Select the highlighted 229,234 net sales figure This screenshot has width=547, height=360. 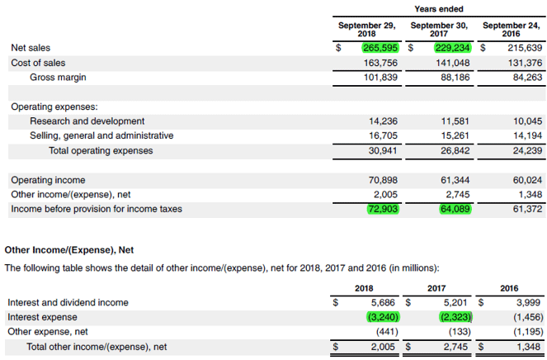pyautogui.click(x=452, y=48)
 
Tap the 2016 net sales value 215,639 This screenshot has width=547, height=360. pyautogui.click(x=525, y=48)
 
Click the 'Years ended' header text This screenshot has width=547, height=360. pyautogui.click(x=438, y=9)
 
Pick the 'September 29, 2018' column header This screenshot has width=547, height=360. pyautogui.click(x=366, y=30)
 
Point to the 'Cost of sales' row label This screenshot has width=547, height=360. pyautogui.click(x=38, y=63)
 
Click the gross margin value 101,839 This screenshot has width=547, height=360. pyautogui.click(x=381, y=78)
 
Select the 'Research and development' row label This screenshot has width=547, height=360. pyautogui.click(x=87, y=121)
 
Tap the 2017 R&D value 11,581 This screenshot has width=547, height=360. pyautogui.click(x=455, y=121)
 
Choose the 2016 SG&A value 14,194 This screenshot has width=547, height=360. pyautogui.click(x=527, y=136)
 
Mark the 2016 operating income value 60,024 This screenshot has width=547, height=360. pyautogui.click(x=527, y=180)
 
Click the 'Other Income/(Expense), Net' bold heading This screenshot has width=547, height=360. pyautogui.click(x=69, y=249)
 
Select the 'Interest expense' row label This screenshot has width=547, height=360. pyautogui.click(x=42, y=317)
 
